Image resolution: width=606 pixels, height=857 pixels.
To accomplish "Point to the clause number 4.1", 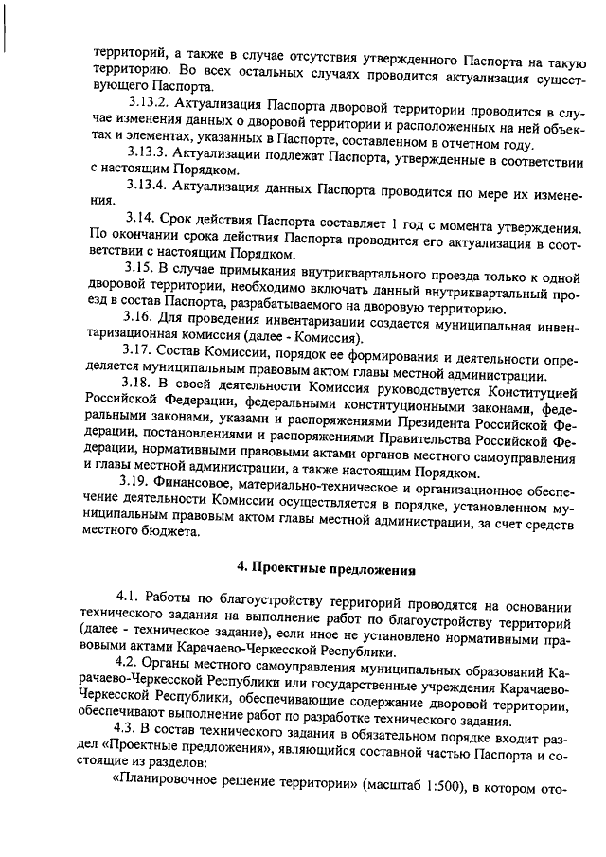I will pyautogui.click(x=128, y=599).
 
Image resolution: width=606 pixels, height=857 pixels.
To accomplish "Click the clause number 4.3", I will pyautogui.click(x=128, y=733).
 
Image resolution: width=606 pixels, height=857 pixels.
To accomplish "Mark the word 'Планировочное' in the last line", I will pyautogui.click(x=169, y=784).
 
